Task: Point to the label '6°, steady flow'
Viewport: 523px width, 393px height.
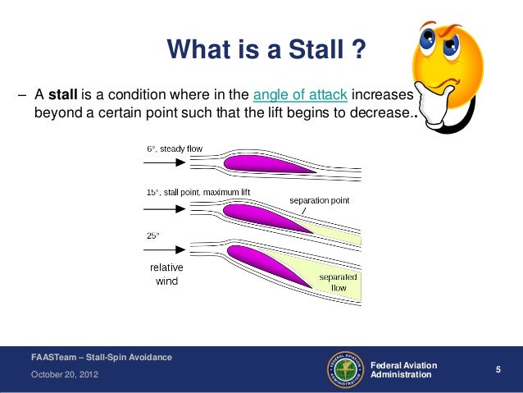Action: (175, 149)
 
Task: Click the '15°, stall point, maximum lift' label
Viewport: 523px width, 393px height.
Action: (198, 192)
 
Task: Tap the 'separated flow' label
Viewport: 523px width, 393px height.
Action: (338, 283)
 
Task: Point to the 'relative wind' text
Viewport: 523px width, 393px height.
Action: (166, 275)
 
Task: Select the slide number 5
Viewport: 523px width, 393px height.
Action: (498, 371)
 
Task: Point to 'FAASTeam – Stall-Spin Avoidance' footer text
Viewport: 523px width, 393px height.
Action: (91, 356)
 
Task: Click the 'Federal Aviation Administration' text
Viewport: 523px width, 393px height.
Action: (404, 369)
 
